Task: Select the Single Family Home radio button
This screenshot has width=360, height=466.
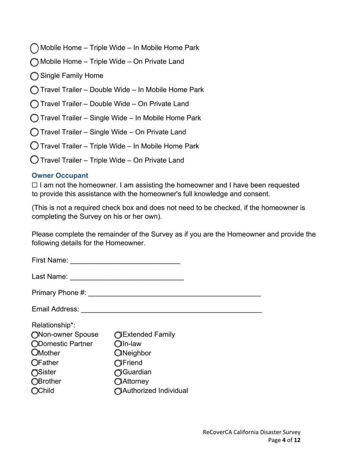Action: [x=34, y=76]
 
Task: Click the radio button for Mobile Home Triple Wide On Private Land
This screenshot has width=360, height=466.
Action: [x=34, y=62]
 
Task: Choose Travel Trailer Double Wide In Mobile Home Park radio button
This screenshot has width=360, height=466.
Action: [x=34, y=90]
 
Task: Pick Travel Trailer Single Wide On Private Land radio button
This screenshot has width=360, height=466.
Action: [x=34, y=132]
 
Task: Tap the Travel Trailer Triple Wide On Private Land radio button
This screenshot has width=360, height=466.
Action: [x=34, y=160]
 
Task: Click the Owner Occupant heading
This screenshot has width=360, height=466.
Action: [x=60, y=176]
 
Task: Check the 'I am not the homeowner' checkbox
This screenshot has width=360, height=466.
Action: [x=34, y=186]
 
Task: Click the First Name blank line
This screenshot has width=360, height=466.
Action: [x=125, y=261]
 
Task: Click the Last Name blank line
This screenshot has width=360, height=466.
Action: [x=127, y=277]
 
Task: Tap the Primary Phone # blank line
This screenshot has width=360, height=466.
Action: [x=174, y=293]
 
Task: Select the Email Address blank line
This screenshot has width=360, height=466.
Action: [x=171, y=310]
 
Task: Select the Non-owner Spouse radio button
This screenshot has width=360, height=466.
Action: [x=35, y=335]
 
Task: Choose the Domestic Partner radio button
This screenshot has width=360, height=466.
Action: [x=35, y=344]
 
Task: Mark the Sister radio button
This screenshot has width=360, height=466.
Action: [x=35, y=372]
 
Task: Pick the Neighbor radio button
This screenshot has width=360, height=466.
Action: [x=118, y=353]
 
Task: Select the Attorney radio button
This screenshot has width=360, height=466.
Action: [x=118, y=382]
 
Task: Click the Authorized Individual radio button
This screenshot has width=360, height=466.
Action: [x=118, y=391]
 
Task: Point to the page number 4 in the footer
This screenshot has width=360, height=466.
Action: [x=283, y=440]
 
